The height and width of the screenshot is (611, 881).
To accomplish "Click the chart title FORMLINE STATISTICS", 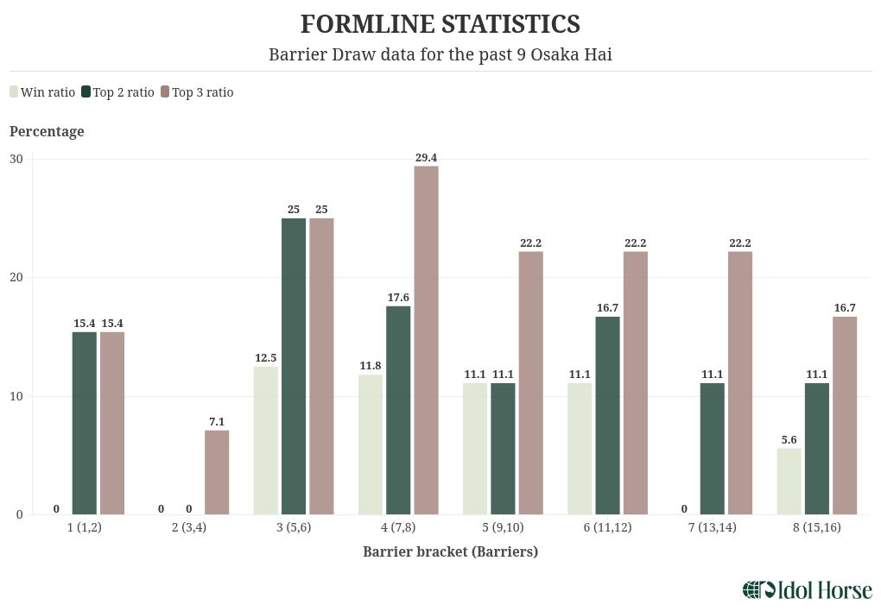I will (440, 23).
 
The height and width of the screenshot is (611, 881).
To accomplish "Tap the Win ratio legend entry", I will (42, 92).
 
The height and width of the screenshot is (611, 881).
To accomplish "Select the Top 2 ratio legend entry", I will (117, 92).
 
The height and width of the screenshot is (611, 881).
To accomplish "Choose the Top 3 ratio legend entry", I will (196, 92).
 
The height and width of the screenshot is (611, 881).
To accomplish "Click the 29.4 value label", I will (426, 157).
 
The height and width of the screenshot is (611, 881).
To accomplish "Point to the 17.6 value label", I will (398, 298).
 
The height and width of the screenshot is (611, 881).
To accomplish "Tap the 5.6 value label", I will (789, 440).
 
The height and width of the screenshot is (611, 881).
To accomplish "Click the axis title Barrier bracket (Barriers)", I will (450, 551).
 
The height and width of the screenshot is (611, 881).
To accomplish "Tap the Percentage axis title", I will (47, 131).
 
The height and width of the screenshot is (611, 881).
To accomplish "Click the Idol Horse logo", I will (807, 590).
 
